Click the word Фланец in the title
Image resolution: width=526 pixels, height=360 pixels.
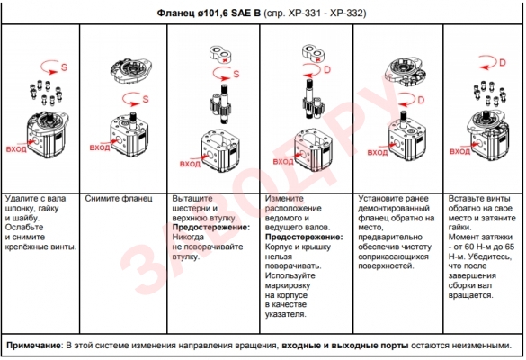coord(175,13)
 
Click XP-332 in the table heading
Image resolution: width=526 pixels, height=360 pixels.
coord(348,13)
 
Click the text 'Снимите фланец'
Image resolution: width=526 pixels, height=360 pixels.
coord(119,199)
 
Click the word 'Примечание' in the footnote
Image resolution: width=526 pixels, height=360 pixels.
coord(33,346)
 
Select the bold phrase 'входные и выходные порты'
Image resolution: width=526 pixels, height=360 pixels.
coord(345,346)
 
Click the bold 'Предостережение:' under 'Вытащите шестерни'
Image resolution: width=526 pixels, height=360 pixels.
coord(211,228)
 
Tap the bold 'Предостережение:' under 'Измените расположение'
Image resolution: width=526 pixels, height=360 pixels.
coord(304,237)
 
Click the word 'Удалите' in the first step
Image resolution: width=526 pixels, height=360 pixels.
coord(21,199)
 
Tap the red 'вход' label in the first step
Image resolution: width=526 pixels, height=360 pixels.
coord(16,148)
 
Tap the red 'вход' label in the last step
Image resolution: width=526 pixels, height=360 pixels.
coord(459,151)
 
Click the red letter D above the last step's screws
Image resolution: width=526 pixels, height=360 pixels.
coord(503,63)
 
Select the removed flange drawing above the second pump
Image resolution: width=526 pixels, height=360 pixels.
coord(131,70)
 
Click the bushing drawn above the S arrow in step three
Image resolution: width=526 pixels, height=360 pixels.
coord(220,54)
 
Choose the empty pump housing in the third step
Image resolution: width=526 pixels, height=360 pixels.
coord(219,150)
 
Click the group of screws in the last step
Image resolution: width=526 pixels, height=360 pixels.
coord(489,93)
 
